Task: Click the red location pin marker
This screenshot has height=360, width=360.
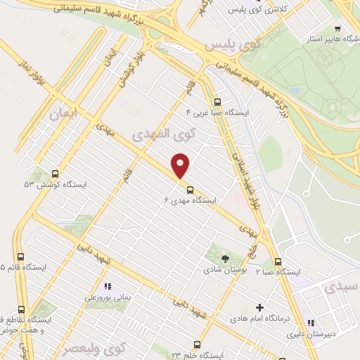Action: click(181, 165)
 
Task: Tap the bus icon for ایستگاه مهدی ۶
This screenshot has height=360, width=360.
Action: click(190, 188)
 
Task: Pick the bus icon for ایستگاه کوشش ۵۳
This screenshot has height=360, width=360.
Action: click(55, 173)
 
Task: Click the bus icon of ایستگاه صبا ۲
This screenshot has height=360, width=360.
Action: click(278, 261)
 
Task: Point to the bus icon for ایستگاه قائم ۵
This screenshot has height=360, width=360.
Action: click(20, 257)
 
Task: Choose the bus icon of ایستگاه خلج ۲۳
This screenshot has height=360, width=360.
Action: click(196, 345)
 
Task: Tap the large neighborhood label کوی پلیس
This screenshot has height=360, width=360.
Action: click(232, 44)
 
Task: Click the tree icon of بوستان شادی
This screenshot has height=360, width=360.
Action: click(225, 259)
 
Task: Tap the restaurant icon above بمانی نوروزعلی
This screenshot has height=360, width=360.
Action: click(108, 286)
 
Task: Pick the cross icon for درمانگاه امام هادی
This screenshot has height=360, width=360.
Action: click(259, 307)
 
